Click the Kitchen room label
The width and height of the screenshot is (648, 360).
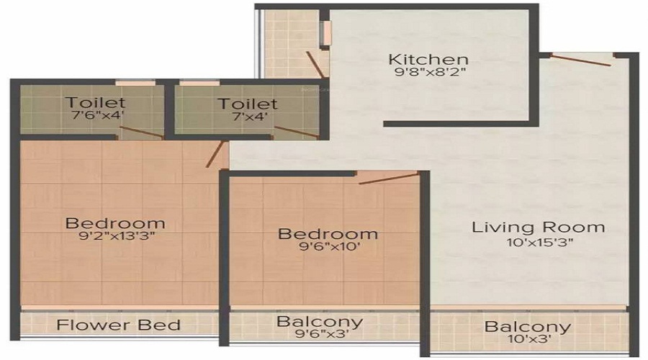(428, 60)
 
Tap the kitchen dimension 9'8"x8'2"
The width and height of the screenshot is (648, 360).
(430, 72)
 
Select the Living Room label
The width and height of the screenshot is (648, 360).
(538, 228)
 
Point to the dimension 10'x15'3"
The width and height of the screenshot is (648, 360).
(540, 242)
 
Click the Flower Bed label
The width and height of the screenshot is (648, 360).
(118, 325)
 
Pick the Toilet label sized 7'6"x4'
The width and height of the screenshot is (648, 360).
(95, 102)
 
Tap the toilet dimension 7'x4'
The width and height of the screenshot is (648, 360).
(250, 116)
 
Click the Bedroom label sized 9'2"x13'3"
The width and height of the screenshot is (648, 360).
(115, 223)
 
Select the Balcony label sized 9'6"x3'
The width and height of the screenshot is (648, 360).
(320, 321)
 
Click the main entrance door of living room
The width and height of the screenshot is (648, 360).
(580, 60)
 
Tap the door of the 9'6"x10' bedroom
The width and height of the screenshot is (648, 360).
(389, 178)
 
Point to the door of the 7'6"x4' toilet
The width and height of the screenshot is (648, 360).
(140, 132)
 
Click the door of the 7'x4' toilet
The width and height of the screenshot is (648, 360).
(297, 132)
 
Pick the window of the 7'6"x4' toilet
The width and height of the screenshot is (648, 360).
(135, 83)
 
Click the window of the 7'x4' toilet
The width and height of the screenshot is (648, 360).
(199, 83)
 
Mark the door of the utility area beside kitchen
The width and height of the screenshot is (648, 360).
(315, 64)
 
